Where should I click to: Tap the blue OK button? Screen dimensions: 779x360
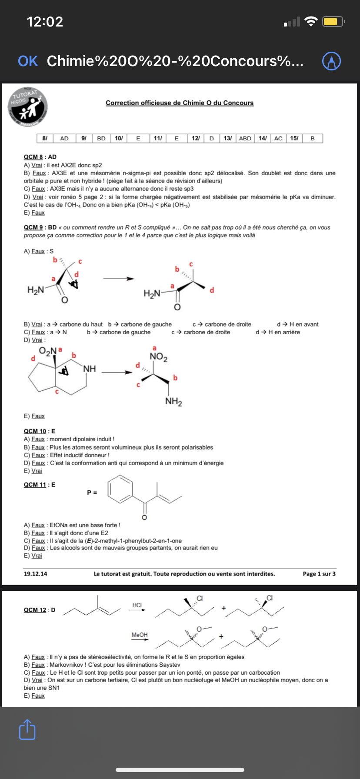[x=28, y=61]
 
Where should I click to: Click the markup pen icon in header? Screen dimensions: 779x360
[x=331, y=61]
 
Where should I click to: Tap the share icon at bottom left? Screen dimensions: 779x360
[x=27, y=729]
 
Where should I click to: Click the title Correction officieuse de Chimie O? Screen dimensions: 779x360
[x=180, y=103]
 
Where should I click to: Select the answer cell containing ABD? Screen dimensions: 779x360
[x=245, y=138]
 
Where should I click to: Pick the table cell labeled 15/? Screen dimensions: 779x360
[x=294, y=138]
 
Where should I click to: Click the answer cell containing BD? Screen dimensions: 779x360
[x=101, y=138]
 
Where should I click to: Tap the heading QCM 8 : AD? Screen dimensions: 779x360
[x=40, y=157]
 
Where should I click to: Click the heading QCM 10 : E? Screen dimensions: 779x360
[x=40, y=431]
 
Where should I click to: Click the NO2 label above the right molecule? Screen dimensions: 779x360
[x=158, y=357]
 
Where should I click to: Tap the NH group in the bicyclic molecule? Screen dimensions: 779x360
[x=90, y=369]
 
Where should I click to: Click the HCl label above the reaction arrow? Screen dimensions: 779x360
[x=137, y=605]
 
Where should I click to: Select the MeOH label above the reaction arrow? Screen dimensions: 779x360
[x=140, y=635]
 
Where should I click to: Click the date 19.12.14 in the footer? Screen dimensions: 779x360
[x=35, y=574]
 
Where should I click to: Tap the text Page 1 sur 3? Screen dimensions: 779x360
[x=319, y=574]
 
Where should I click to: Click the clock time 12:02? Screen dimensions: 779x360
[x=45, y=21]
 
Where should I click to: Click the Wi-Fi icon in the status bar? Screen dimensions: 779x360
[x=311, y=21]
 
